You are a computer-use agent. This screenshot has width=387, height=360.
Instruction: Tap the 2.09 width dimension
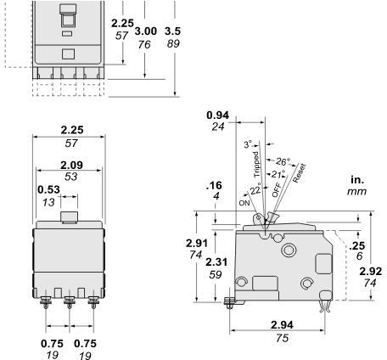coord(71,164)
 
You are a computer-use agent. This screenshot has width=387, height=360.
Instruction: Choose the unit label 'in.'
coord(356,180)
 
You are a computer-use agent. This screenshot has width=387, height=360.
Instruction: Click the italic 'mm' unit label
coord(356,193)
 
